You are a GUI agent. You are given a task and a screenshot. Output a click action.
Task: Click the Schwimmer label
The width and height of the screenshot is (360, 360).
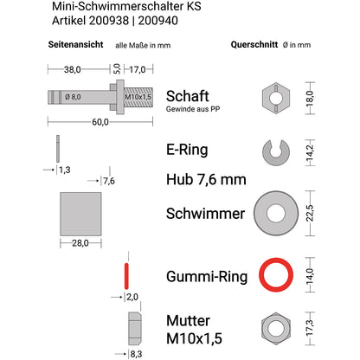tap(205, 212)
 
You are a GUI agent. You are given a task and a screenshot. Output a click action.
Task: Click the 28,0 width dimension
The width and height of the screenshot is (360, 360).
tap(81, 243)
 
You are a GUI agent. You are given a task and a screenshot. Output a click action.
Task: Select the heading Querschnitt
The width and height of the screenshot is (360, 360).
tap(255, 43)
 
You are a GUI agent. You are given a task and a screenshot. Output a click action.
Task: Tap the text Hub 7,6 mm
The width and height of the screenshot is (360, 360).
tap(205, 180)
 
